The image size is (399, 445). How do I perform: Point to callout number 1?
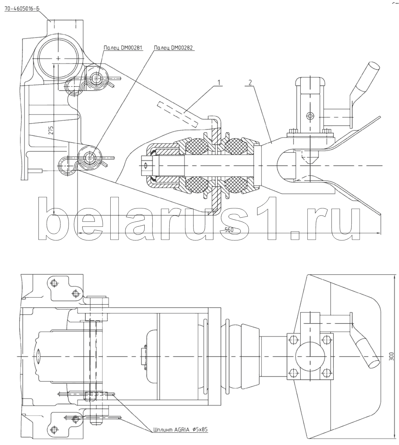219,82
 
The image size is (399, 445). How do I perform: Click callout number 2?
250,82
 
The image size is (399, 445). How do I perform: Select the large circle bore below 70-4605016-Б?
58,58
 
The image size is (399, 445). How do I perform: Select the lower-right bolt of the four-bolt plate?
328,373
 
